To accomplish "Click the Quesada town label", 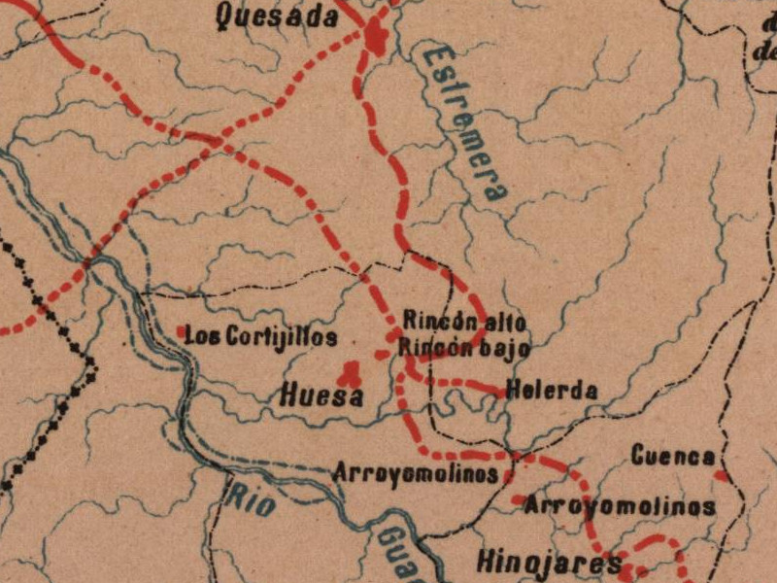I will pyautogui.click(x=278, y=17).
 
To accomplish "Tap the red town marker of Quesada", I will pyautogui.click(x=376, y=39).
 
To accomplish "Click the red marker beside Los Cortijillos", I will pyautogui.click(x=182, y=332).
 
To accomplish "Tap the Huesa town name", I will pyautogui.click(x=321, y=395).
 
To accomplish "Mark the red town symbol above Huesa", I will pyautogui.click(x=349, y=371).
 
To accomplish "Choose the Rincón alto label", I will pyautogui.click(x=466, y=321).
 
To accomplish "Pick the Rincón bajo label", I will pyautogui.click(x=466, y=346).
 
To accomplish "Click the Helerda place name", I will pyautogui.click(x=551, y=391).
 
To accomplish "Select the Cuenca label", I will pyautogui.click(x=673, y=456).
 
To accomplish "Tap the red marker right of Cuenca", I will pyautogui.click(x=720, y=475).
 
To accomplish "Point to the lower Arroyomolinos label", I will pyautogui.click(x=620, y=506).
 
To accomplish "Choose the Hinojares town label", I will pyautogui.click(x=549, y=563).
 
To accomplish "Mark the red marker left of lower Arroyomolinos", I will pyautogui.click(x=518, y=501).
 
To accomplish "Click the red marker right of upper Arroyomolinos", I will pyautogui.click(x=508, y=476).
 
